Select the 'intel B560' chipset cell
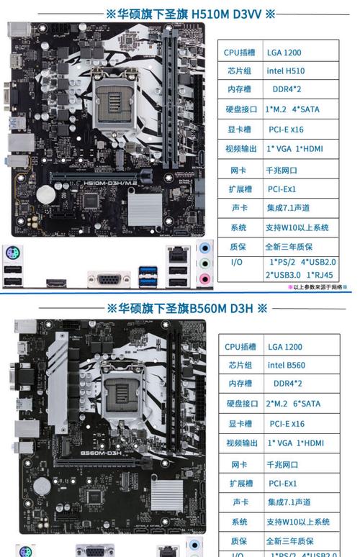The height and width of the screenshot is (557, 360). pyautogui.click(x=286, y=366)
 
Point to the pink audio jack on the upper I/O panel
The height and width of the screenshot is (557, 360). pyautogui.click(x=205, y=278)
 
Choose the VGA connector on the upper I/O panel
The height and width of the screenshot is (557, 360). pyautogui.click(x=109, y=279)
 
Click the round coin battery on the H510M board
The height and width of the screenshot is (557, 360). pyautogui.click(x=45, y=193)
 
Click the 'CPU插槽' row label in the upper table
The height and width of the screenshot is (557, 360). pyautogui.click(x=240, y=53)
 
